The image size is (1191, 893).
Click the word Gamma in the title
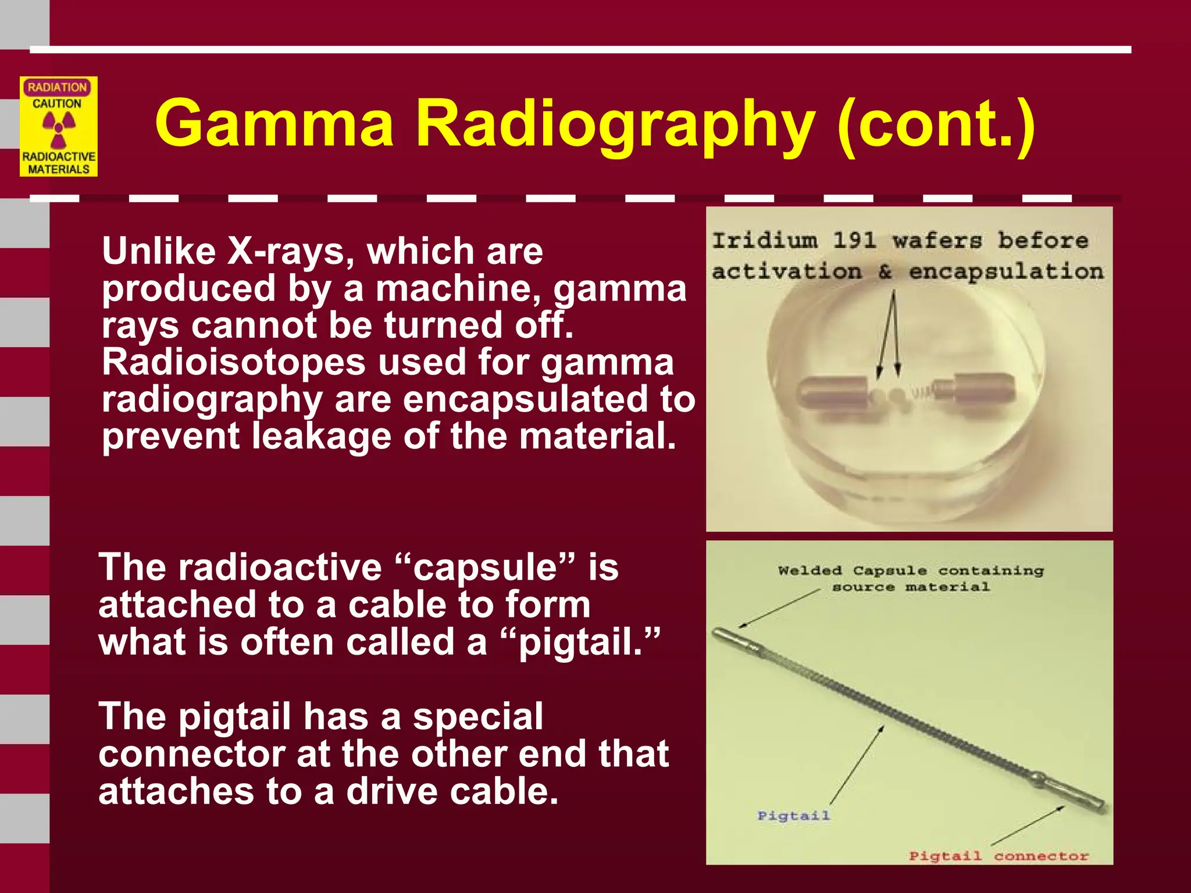pyautogui.click(x=274, y=123)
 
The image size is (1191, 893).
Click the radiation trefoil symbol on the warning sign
pyautogui.click(x=59, y=128)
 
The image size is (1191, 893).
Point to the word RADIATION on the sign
pyautogui.click(x=57, y=87)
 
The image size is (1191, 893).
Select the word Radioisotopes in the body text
pyautogui.click(x=233, y=362)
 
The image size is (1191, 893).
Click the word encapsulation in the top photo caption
pyautogui.click(x=1005, y=272)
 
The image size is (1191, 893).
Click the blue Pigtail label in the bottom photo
pyautogui.click(x=793, y=816)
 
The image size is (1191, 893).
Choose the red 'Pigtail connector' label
pyautogui.click(x=998, y=856)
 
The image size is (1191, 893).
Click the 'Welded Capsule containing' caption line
pyautogui.click(x=910, y=570)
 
